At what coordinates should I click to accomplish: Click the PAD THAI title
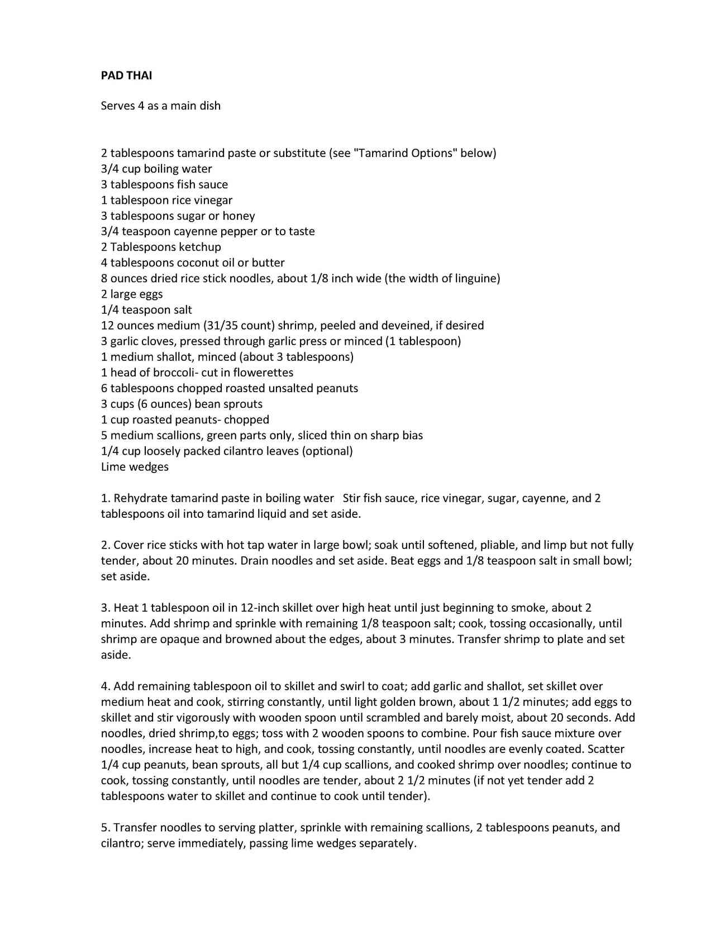click(x=126, y=75)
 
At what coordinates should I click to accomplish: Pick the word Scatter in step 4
click(x=606, y=749)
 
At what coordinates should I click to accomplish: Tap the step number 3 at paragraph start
click(x=104, y=608)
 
